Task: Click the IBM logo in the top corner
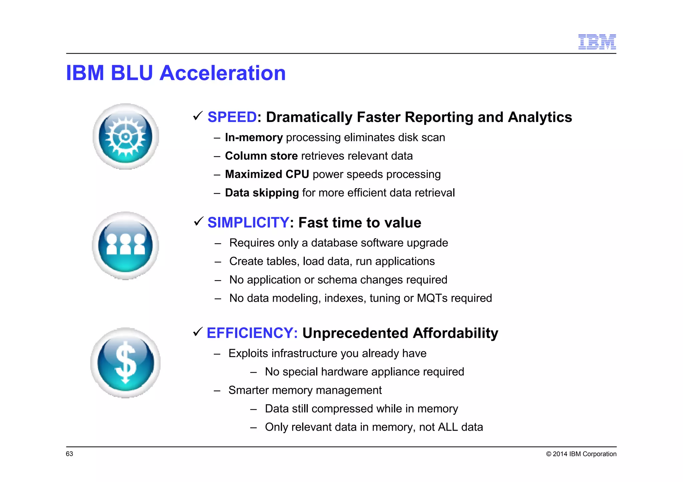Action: [x=597, y=42]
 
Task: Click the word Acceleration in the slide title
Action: [x=222, y=73]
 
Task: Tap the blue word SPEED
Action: [x=232, y=117]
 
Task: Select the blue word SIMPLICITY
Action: [x=248, y=223]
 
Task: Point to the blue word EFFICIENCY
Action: [x=252, y=333]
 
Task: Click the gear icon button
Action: [x=126, y=137]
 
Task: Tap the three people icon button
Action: [x=125, y=245]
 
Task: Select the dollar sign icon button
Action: [x=125, y=363]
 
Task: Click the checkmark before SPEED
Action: [x=198, y=116]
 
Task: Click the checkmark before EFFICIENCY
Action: [x=198, y=332]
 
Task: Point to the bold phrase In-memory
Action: [x=254, y=138]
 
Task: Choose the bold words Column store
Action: [x=261, y=156]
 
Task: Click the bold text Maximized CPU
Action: [x=267, y=174]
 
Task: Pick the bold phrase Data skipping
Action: [x=262, y=193]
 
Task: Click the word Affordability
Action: [x=455, y=333]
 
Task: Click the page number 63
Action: [x=69, y=454]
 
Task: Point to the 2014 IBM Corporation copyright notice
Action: [x=581, y=454]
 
